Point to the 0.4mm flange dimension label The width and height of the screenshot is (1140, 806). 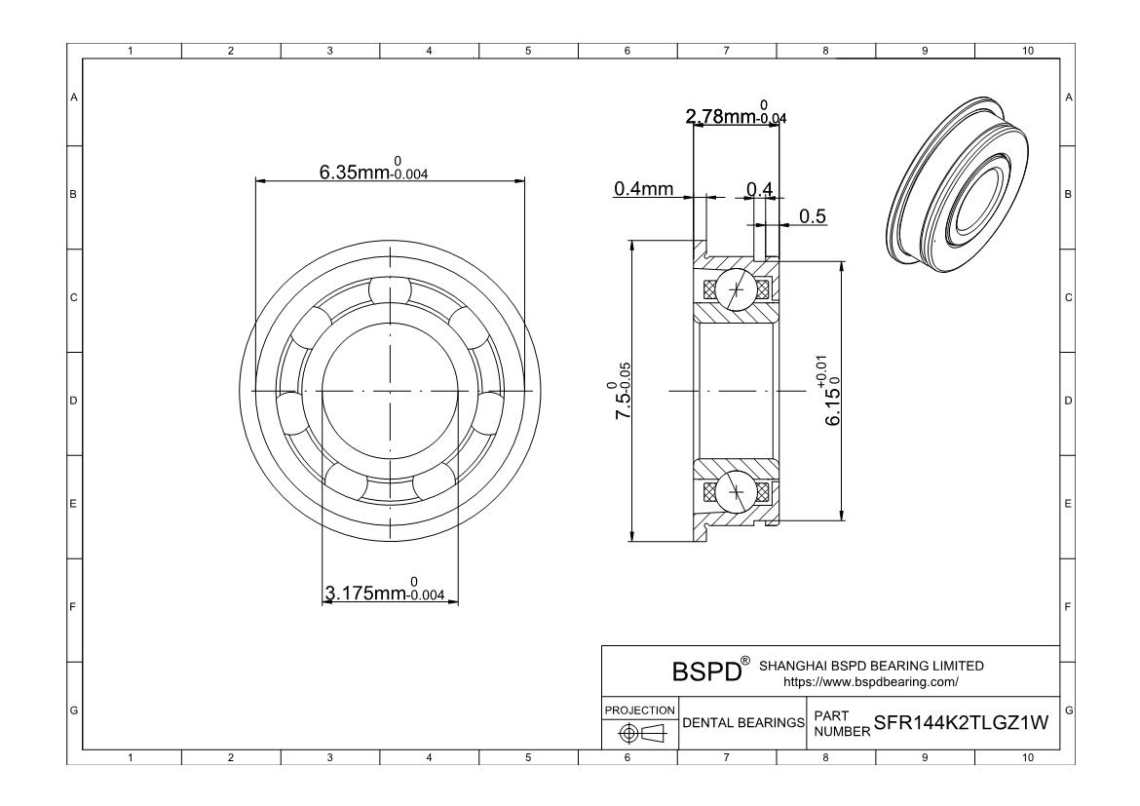tap(643, 188)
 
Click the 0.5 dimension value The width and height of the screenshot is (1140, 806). tap(813, 216)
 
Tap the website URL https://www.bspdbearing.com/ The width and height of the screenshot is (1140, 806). tap(871, 681)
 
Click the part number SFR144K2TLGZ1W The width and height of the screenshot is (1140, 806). tap(962, 723)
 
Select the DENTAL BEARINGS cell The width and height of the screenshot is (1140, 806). tap(743, 723)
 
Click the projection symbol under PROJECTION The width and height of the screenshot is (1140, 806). tap(639, 732)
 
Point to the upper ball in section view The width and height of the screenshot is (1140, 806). tap(736, 289)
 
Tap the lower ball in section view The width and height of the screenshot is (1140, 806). tap(736, 492)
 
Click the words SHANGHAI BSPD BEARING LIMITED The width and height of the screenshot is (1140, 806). tap(871, 666)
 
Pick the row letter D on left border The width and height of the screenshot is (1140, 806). tap(72, 401)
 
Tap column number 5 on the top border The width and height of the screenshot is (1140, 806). tap(527, 51)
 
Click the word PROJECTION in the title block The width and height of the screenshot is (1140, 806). tap(639, 710)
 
